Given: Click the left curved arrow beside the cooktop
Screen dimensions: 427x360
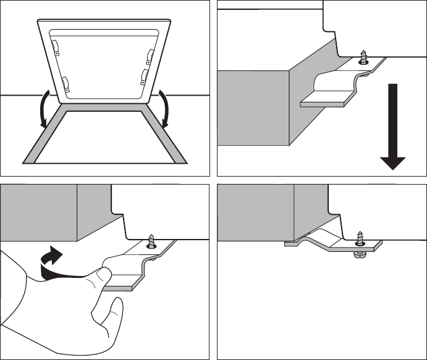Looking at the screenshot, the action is click(44, 109).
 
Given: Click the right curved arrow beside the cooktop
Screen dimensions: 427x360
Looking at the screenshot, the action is click(165, 109).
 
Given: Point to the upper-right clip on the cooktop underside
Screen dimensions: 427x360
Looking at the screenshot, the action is click(148, 56).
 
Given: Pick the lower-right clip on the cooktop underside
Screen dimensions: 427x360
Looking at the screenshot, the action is click(143, 78).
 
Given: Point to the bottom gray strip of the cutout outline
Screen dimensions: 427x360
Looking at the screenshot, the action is click(104, 162).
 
